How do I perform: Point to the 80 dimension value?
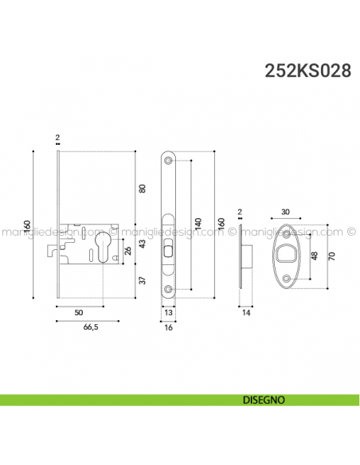point(143,189)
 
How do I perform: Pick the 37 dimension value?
point(143,281)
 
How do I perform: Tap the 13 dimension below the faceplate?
point(170,314)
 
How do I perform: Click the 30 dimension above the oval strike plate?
point(286,213)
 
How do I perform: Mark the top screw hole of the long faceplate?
point(169,160)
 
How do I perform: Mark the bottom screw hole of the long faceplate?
point(169,289)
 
